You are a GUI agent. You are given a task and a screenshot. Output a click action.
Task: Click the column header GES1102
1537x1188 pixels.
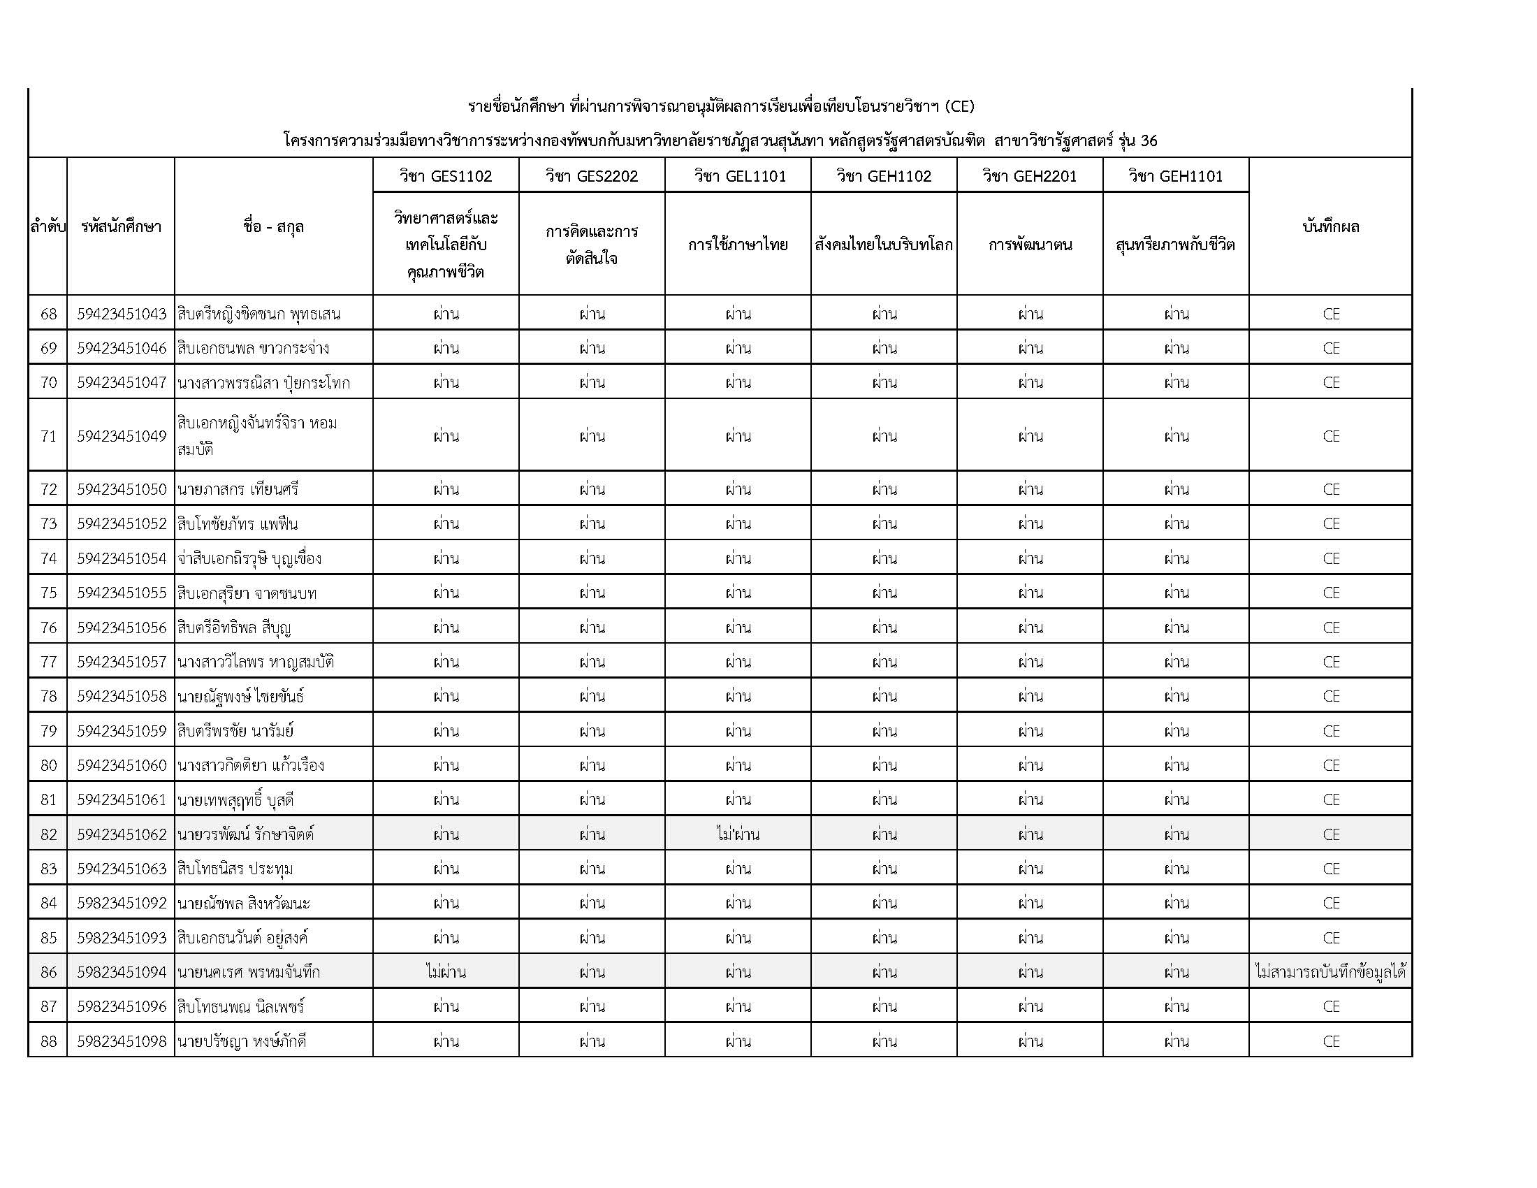point(446,176)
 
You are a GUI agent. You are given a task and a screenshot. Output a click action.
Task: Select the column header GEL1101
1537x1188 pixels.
point(738,176)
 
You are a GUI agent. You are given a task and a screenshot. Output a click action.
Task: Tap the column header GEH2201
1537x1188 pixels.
point(1030,176)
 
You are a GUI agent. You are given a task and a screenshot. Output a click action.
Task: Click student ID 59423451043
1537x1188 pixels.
point(121,314)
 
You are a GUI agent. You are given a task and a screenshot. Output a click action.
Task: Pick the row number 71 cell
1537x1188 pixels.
point(48,436)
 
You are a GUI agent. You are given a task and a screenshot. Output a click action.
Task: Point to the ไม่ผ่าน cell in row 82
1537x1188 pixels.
point(738,834)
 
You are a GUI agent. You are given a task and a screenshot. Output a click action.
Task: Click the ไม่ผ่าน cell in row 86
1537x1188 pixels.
point(446,973)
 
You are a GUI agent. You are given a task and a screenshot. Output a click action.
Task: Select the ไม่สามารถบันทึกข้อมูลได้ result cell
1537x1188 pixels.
point(1330,973)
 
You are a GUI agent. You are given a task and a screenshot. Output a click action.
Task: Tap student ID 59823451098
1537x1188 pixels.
point(121,1042)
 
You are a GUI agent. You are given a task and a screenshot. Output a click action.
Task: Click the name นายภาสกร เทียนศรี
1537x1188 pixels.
point(238,489)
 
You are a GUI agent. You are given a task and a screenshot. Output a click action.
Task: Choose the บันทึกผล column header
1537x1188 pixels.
point(1330,226)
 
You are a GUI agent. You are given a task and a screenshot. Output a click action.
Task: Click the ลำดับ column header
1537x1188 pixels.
point(48,226)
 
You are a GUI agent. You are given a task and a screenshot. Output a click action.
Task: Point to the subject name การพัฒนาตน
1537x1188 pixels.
point(1030,245)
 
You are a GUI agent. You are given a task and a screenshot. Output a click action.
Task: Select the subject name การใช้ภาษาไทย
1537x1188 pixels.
point(738,245)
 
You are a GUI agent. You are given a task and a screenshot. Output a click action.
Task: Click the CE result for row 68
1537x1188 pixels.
point(1330,314)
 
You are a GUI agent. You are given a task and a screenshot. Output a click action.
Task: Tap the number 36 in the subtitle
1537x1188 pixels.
point(1149,140)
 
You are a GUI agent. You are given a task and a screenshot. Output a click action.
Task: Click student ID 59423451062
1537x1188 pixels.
point(121,834)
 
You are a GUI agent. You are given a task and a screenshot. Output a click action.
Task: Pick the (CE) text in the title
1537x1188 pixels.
point(959,106)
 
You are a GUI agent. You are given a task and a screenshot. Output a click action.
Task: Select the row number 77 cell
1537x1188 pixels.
point(48,662)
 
